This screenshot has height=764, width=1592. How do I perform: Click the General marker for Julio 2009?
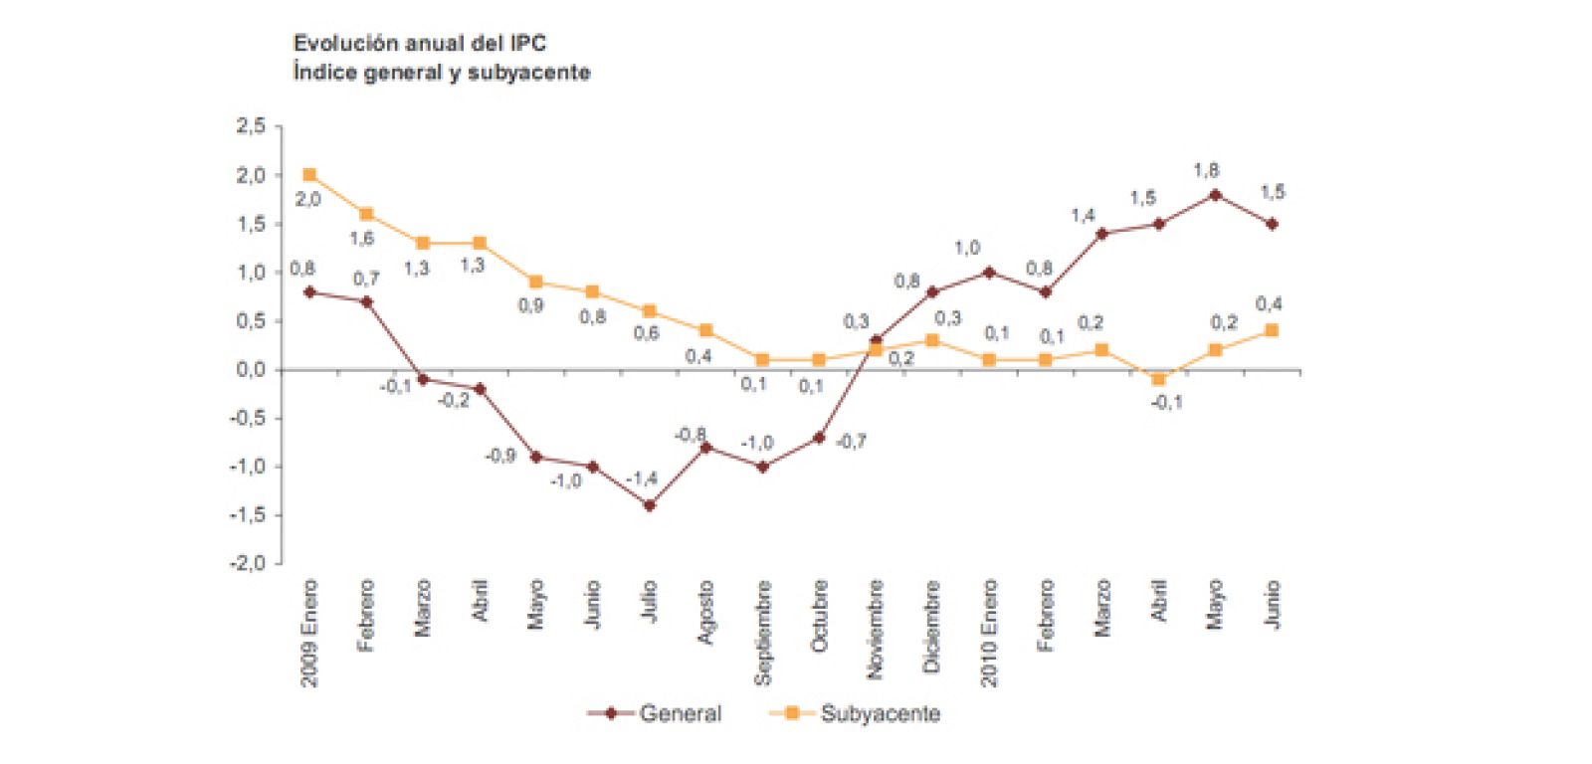click(x=650, y=505)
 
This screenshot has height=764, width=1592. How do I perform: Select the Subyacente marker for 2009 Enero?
click(x=309, y=175)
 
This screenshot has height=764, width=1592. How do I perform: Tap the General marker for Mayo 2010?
click(x=1215, y=195)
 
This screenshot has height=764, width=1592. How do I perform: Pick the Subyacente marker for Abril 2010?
click(x=1158, y=379)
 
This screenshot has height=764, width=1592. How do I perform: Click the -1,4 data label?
click(x=642, y=479)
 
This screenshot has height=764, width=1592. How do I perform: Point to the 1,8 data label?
click(x=1206, y=170)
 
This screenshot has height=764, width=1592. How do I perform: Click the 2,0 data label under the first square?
click(x=307, y=199)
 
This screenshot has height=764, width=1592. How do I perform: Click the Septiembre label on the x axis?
click(x=763, y=633)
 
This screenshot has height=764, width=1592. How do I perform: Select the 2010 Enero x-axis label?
click(x=989, y=633)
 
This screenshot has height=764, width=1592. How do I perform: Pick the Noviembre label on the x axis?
click(x=876, y=630)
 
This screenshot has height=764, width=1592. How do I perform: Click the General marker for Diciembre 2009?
click(x=932, y=292)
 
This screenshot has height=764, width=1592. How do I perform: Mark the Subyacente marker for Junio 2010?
click(x=1272, y=330)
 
